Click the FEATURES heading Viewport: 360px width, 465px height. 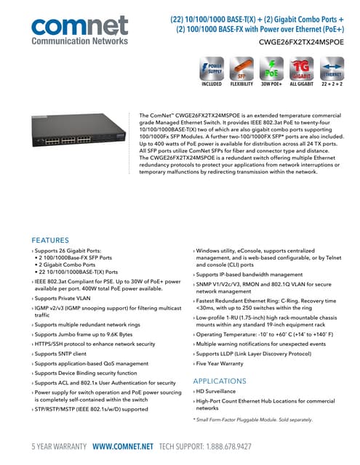(x=50, y=240)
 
